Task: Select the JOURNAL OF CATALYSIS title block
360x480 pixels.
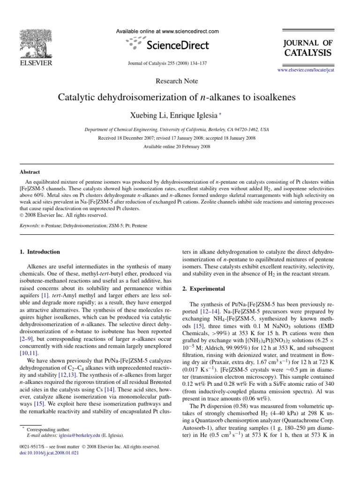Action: (308, 48)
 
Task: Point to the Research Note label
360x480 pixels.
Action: (177, 81)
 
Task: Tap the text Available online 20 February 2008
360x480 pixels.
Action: (177, 147)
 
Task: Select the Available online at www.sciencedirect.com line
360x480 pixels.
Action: (167, 31)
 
